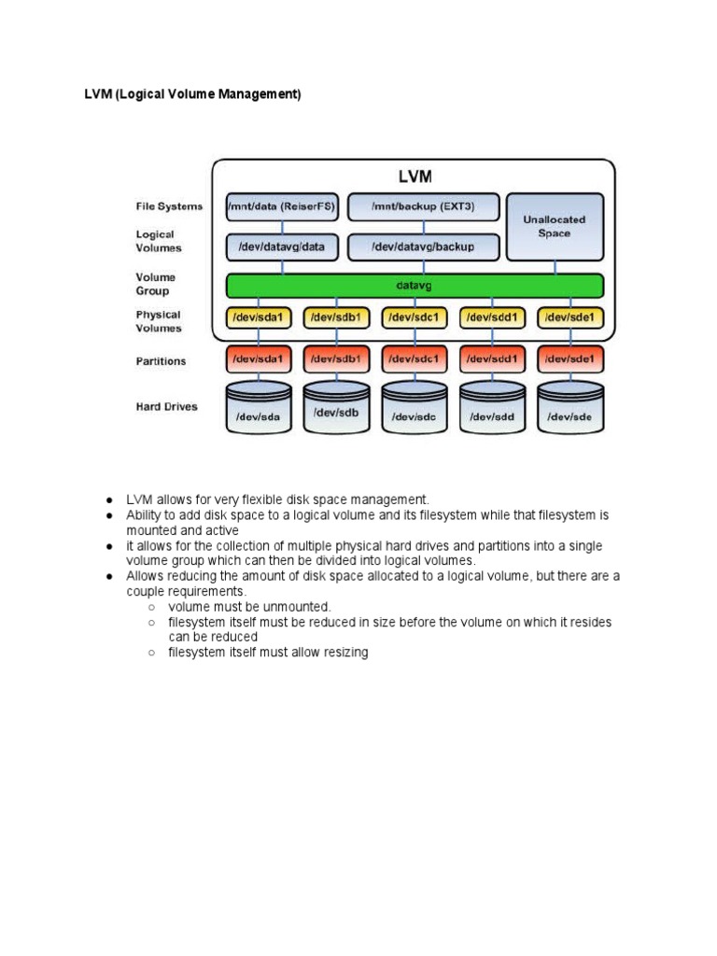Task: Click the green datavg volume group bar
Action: pos(415,286)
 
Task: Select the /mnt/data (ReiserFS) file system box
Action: pos(282,206)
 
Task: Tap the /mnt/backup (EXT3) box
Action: pos(423,206)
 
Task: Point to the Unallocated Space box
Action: pos(554,227)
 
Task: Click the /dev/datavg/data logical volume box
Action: pos(282,246)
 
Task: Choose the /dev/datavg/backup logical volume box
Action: pos(423,246)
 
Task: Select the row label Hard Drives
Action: pos(167,407)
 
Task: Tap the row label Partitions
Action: pos(161,361)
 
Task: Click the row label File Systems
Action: pos(169,206)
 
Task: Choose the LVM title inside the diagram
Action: pos(414,176)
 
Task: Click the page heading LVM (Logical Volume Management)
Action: pos(193,95)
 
